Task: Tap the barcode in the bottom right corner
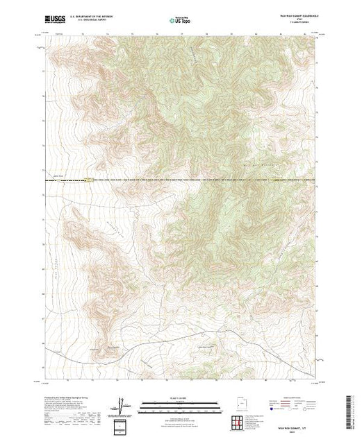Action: [x=350, y=409]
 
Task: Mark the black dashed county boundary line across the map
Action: [x=208, y=182]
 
